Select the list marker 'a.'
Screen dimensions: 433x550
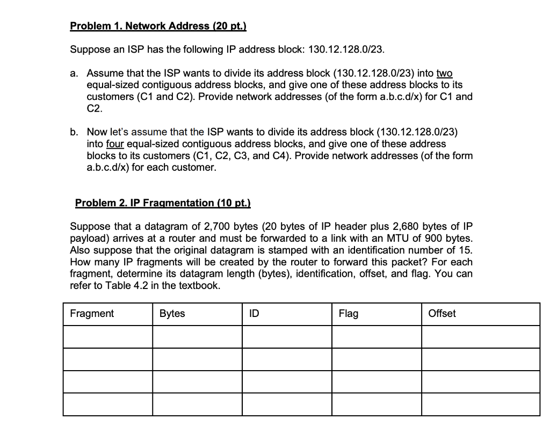(x=75, y=73)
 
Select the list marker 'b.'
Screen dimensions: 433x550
(x=75, y=132)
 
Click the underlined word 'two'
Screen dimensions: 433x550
(x=444, y=73)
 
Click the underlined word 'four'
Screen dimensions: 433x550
(x=115, y=143)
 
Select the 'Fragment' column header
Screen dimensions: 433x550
(x=92, y=314)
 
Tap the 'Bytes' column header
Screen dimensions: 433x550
(x=172, y=314)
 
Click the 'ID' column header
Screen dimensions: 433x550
(x=254, y=314)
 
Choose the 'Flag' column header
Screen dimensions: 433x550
(x=348, y=314)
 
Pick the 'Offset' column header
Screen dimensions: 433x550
(x=442, y=314)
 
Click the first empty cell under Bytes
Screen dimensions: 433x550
(x=197, y=337)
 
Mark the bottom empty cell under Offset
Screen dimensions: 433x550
(x=480, y=405)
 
